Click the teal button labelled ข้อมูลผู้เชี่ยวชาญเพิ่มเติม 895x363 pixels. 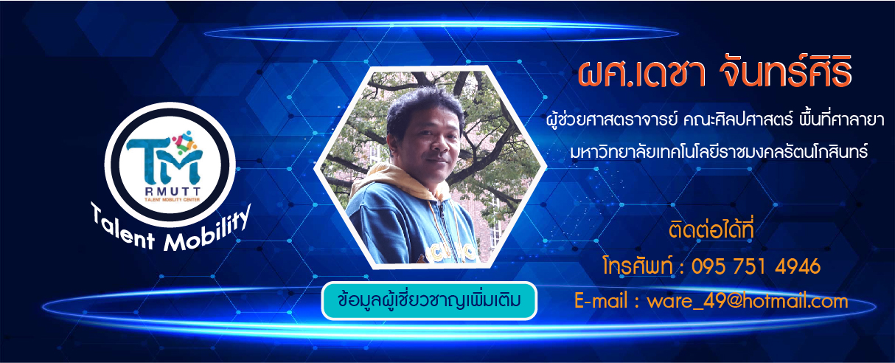429,300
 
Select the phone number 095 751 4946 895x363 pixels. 756,266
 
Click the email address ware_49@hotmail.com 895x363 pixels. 747,301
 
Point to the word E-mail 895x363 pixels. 601,300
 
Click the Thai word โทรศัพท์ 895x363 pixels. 638,265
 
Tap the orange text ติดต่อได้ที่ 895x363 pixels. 711,229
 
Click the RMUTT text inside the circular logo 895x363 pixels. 173,192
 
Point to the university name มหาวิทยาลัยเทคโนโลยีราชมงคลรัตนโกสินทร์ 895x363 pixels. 719,152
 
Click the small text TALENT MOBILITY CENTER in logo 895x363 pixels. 173,199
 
